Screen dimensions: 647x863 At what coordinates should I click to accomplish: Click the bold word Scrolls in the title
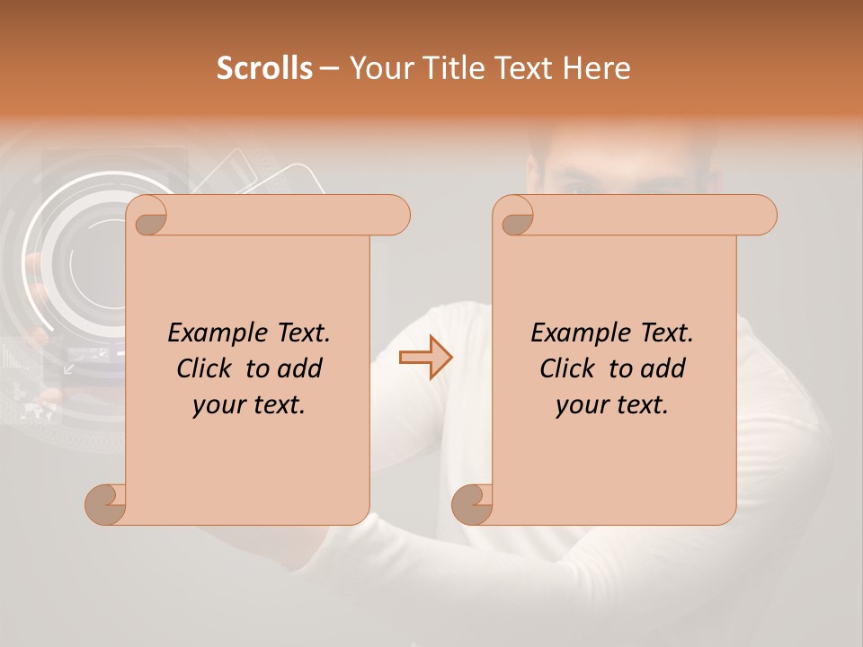265,68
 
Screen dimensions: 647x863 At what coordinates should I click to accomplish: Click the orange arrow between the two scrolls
426,358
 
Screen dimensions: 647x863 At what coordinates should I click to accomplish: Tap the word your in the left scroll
217,405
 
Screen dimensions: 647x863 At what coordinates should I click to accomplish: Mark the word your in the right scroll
580,405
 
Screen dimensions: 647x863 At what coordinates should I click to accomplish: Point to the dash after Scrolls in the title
329,69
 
